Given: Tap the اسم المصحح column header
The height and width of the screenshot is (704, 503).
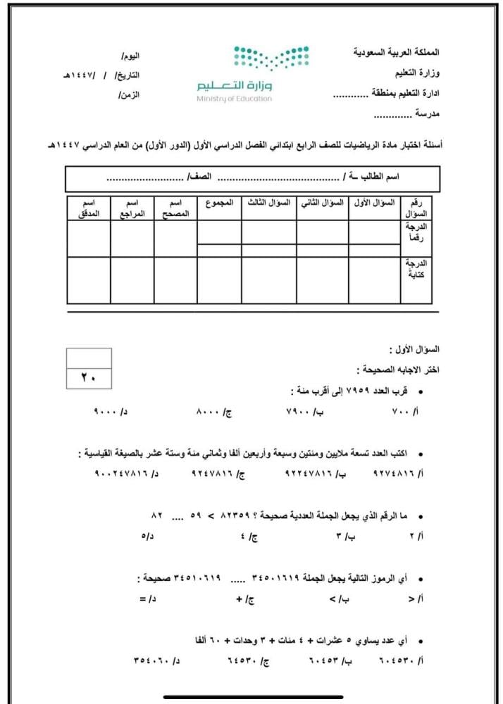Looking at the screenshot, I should tap(175, 208).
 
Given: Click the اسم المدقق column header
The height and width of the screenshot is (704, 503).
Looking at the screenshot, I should tap(89, 208).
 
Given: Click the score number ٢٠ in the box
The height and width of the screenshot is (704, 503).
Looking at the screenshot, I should tap(89, 378).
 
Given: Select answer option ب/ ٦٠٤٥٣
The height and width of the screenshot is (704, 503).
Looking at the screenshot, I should tap(328, 662).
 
